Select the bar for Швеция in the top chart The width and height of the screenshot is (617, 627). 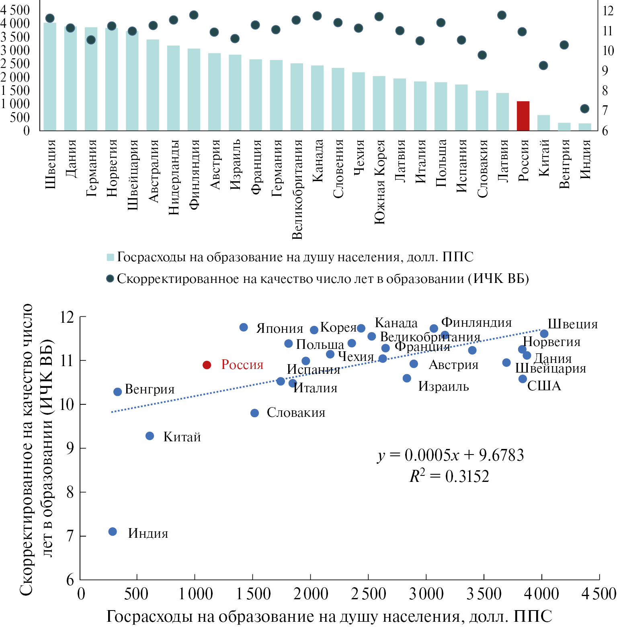tap(50, 76)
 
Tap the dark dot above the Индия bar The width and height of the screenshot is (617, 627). tap(584, 109)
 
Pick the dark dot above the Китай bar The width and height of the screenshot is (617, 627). tap(543, 66)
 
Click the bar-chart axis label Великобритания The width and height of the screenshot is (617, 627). tap(297, 189)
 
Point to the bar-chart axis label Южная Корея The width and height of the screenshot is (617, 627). tap(379, 182)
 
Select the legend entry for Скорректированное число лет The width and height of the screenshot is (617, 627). tap(318, 279)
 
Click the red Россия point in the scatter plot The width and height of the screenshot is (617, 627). tap(207, 365)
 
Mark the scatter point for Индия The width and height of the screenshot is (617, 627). tap(113, 532)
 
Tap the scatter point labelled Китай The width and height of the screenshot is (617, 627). tap(150, 436)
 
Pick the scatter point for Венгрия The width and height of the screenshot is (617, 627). tap(117, 392)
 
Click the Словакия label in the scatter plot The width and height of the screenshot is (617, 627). tap(296, 413)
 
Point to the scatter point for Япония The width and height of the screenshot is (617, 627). tap(244, 328)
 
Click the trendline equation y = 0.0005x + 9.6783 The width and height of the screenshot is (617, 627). tap(451, 455)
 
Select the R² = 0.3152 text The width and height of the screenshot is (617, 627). tap(449, 476)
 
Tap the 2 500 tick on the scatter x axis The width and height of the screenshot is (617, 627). tap(368, 594)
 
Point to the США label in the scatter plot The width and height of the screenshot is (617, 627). tap(543, 386)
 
